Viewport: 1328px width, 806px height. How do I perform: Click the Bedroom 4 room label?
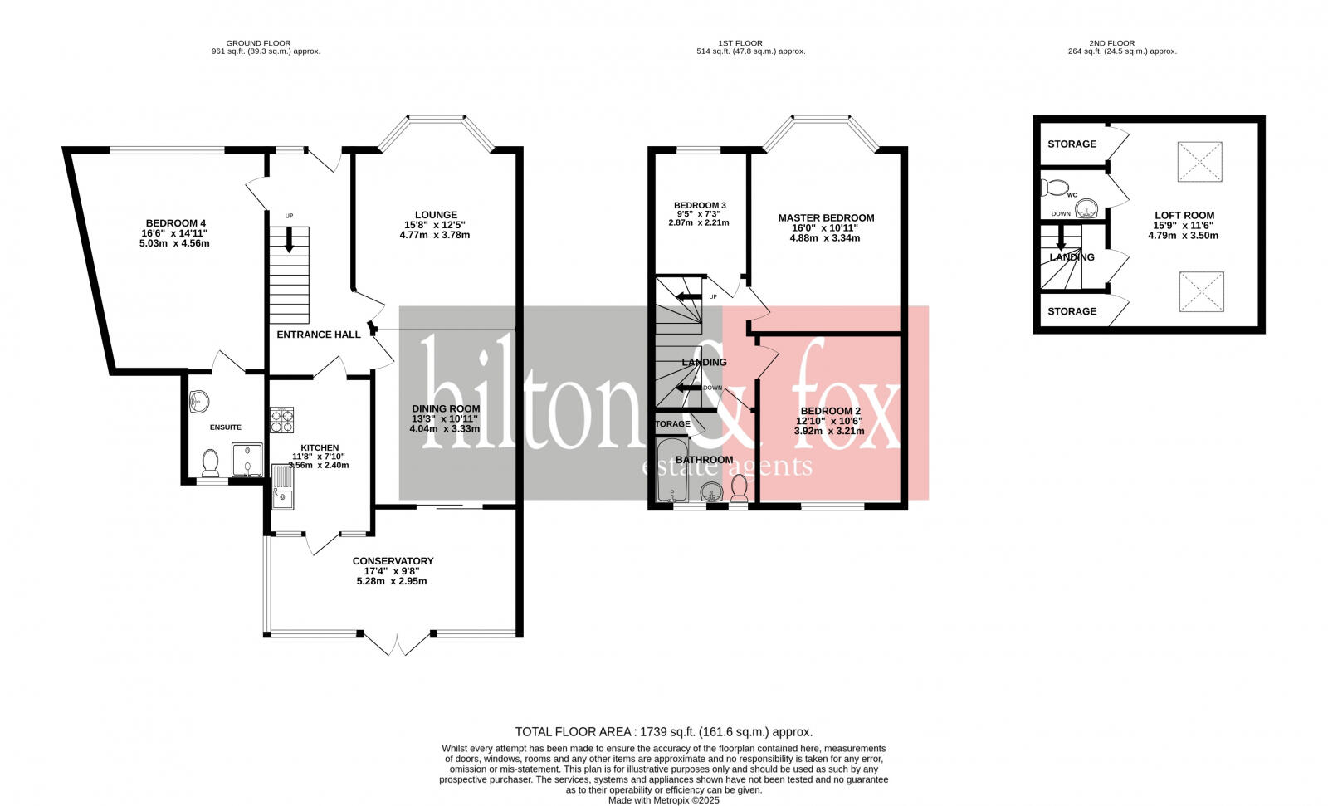[x=175, y=222]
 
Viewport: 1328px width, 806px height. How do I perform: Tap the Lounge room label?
[x=436, y=215]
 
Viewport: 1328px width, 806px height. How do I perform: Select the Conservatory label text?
[x=393, y=561]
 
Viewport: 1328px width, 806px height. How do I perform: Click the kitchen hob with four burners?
[x=282, y=420]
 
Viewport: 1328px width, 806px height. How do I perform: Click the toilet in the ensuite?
[x=210, y=462]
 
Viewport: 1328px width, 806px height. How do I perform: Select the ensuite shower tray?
[x=247, y=460]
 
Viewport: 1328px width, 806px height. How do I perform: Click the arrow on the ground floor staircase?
[x=289, y=242]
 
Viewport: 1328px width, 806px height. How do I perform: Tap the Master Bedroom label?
[x=826, y=218]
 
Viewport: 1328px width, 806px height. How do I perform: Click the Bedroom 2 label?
[x=830, y=411]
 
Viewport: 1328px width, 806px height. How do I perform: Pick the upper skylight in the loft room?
[x=1199, y=161]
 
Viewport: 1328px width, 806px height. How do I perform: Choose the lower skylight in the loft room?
[x=1200, y=292]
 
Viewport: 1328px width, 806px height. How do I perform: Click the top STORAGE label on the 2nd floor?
[x=1072, y=144]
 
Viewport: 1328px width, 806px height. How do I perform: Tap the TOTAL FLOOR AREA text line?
[x=663, y=732]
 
